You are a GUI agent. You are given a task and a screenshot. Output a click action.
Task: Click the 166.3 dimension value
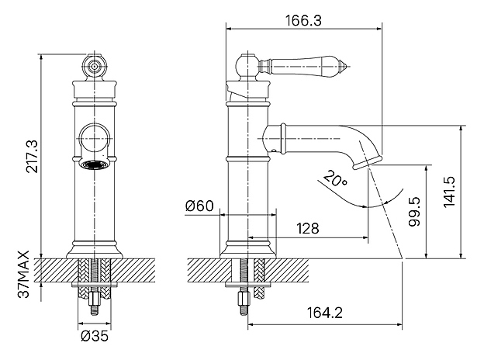pyautogui.click(x=303, y=21)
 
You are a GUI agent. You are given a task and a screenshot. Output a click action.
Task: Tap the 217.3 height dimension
pyautogui.click(x=32, y=156)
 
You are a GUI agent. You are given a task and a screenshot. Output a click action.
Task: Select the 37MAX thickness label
pyautogui.click(x=23, y=274)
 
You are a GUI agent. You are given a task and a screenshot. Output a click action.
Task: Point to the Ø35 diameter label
pyautogui.click(x=95, y=336)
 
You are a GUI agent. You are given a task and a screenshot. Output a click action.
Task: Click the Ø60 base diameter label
pyautogui.click(x=199, y=206)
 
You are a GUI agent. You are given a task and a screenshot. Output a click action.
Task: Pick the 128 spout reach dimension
pyautogui.click(x=308, y=228)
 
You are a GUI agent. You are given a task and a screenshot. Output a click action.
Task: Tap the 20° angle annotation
pyautogui.click(x=335, y=178)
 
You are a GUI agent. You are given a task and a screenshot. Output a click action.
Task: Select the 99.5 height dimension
pyautogui.click(x=414, y=212)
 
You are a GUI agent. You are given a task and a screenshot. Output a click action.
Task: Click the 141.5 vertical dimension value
pyautogui.click(x=449, y=192)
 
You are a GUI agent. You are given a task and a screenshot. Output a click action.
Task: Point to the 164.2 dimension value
pyautogui.click(x=325, y=313)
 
